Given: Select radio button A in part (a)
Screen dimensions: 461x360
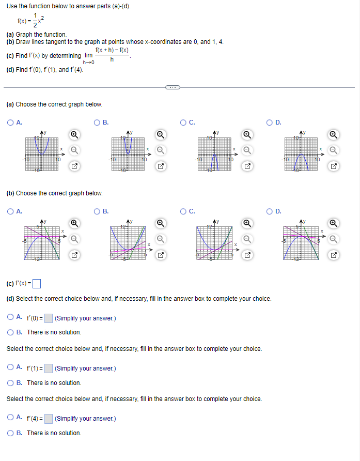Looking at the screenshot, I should (10, 122).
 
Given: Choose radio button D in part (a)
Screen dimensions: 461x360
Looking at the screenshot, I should (270, 122).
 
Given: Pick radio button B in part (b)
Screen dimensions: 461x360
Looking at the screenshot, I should (97, 211).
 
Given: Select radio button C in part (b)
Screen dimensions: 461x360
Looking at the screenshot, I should (184, 211).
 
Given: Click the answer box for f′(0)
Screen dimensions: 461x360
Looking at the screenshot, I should (48, 318).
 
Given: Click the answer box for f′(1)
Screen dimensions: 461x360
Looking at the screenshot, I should (48, 368).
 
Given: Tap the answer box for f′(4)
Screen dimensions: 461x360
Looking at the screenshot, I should (48, 419).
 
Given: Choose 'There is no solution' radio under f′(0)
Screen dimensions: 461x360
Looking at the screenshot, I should (10, 332).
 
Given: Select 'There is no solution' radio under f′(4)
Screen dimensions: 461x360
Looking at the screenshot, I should (10, 433).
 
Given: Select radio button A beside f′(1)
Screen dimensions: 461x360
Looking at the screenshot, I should (10, 368).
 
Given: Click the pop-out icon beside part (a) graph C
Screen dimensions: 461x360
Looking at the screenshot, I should (247, 166).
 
